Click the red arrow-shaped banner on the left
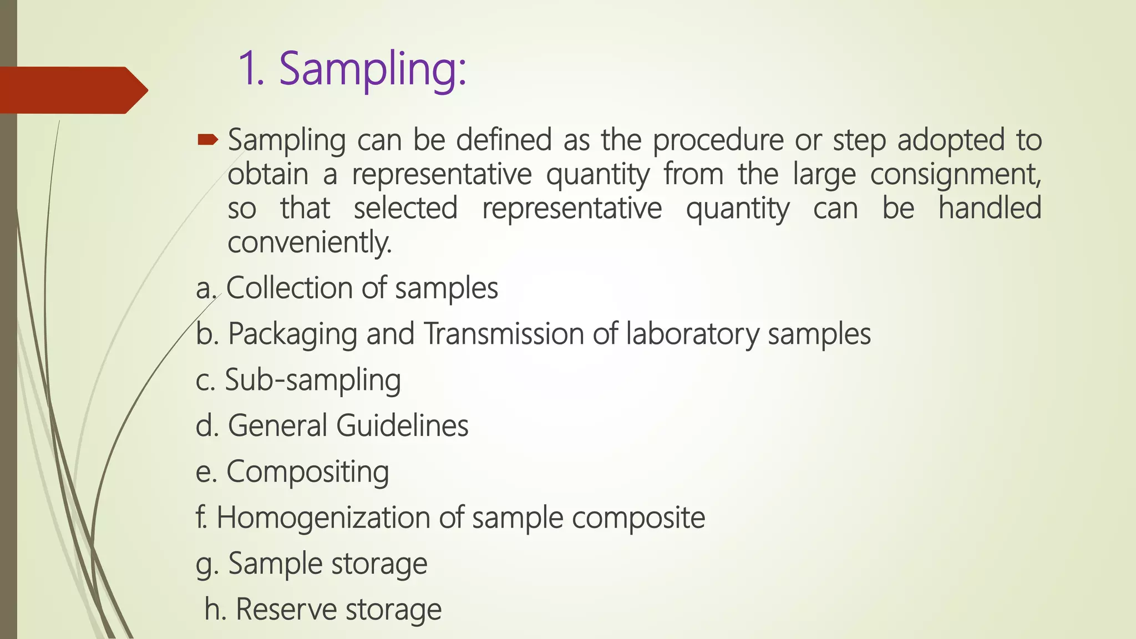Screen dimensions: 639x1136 tap(72, 90)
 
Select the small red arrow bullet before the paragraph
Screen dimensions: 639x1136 tap(208, 139)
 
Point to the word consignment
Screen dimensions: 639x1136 tap(955, 175)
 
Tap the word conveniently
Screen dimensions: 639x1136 tap(310, 243)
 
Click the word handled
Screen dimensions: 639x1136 tap(990, 209)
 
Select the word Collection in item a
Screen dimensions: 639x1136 tap(289, 288)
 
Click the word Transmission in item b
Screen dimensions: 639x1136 tap(504, 334)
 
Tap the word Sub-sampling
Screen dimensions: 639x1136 tap(313, 381)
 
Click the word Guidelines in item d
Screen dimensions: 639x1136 tap(402, 425)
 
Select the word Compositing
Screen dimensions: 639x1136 tap(307, 473)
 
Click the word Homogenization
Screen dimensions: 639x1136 tap(323, 518)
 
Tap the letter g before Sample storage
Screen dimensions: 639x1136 tap(204, 565)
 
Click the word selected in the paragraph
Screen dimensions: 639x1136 tap(405, 209)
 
